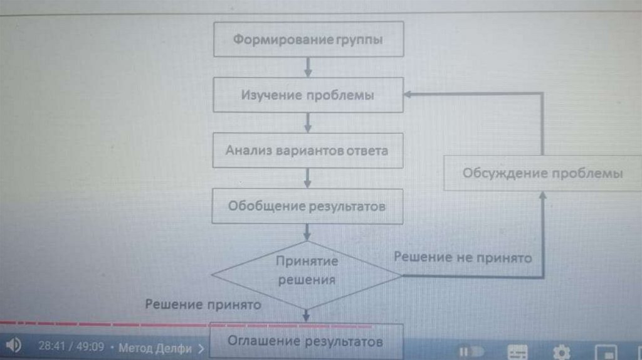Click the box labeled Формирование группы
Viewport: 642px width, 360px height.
click(307, 40)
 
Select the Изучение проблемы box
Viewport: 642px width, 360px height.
click(307, 95)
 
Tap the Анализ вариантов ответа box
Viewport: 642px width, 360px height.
click(307, 151)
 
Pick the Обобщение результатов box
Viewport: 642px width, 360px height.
click(307, 206)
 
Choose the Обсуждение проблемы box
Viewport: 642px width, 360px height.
click(542, 172)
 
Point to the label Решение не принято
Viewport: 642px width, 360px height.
click(463, 257)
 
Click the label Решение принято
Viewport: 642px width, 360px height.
click(203, 305)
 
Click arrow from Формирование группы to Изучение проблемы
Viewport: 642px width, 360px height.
click(307, 66)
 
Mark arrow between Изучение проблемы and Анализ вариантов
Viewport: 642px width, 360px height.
click(307, 122)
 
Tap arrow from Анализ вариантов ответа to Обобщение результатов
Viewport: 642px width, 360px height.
click(307, 177)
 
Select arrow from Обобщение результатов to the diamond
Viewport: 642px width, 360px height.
click(307, 233)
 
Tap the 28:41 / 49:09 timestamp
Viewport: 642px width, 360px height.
click(71, 346)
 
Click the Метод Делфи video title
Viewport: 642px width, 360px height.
click(157, 347)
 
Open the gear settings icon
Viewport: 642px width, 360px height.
click(562, 351)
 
